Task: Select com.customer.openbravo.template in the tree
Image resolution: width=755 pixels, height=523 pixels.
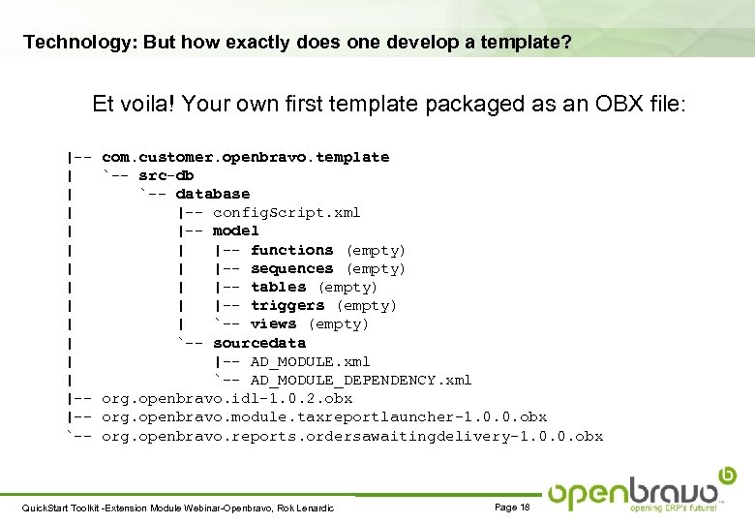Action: click(x=245, y=157)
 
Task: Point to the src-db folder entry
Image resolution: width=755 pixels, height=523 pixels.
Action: click(x=166, y=175)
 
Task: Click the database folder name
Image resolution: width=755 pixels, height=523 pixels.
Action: click(x=212, y=194)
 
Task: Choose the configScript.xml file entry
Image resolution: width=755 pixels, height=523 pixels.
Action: click(x=287, y=212)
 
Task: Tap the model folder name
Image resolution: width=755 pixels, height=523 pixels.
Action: click(x=235, y=231)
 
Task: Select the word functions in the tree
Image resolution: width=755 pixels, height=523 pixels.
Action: click(x=291, y=250)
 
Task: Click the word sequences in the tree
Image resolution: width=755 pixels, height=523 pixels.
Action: click(x=291, y=268)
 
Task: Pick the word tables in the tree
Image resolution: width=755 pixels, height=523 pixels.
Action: click(x=278, y=287)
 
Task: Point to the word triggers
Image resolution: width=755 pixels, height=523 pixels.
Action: click(x=287, y=305)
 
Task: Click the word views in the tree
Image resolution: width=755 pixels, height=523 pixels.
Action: click(x=273, y=323)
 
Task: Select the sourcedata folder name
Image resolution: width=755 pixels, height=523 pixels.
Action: click(x=258, y=343)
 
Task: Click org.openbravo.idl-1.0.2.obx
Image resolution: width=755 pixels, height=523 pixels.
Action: click(x=226, y=398)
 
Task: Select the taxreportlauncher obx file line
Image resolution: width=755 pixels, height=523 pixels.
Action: click(x=324, y=416)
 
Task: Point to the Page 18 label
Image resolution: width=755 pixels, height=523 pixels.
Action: click(x=512, y=508)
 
